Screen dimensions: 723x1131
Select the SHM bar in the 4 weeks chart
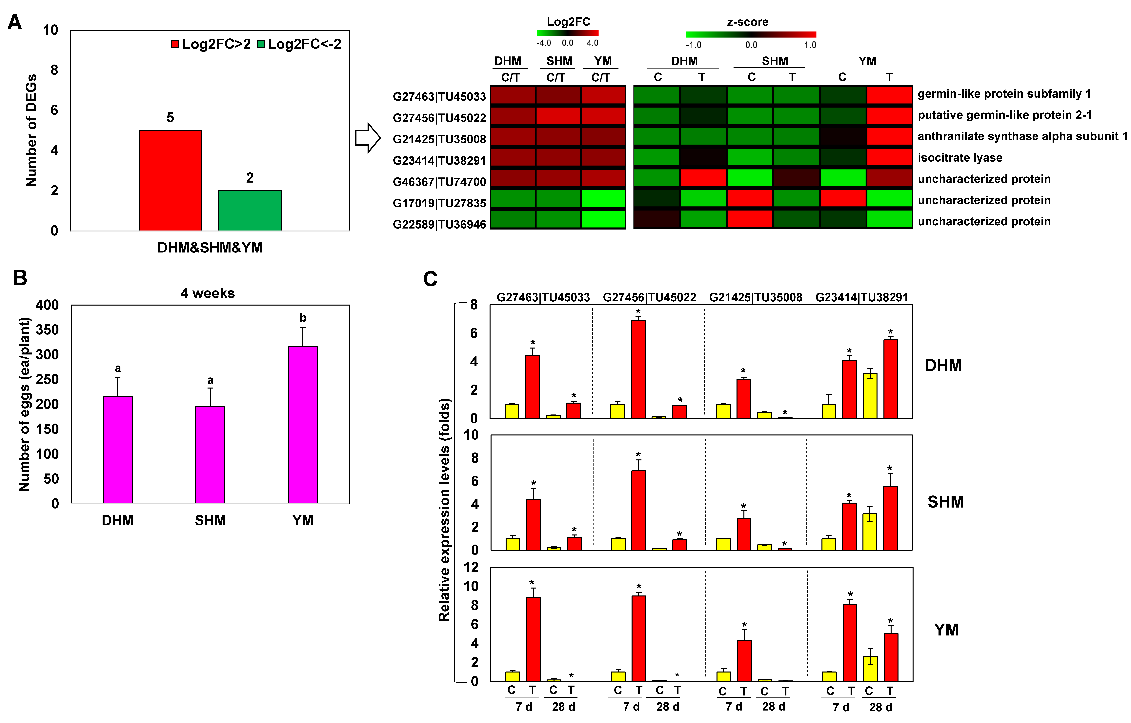(210, 455)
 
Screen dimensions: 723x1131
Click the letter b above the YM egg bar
(303, 318)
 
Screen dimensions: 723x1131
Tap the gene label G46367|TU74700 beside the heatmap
(439, 182)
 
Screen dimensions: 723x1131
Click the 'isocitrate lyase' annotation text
(959, 158)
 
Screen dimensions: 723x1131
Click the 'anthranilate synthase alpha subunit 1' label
(1022, 136)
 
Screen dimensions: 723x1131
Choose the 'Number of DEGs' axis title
(31, 131)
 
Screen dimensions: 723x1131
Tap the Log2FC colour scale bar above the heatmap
(567, 33)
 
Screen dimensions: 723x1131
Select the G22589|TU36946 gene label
(439, 225)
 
